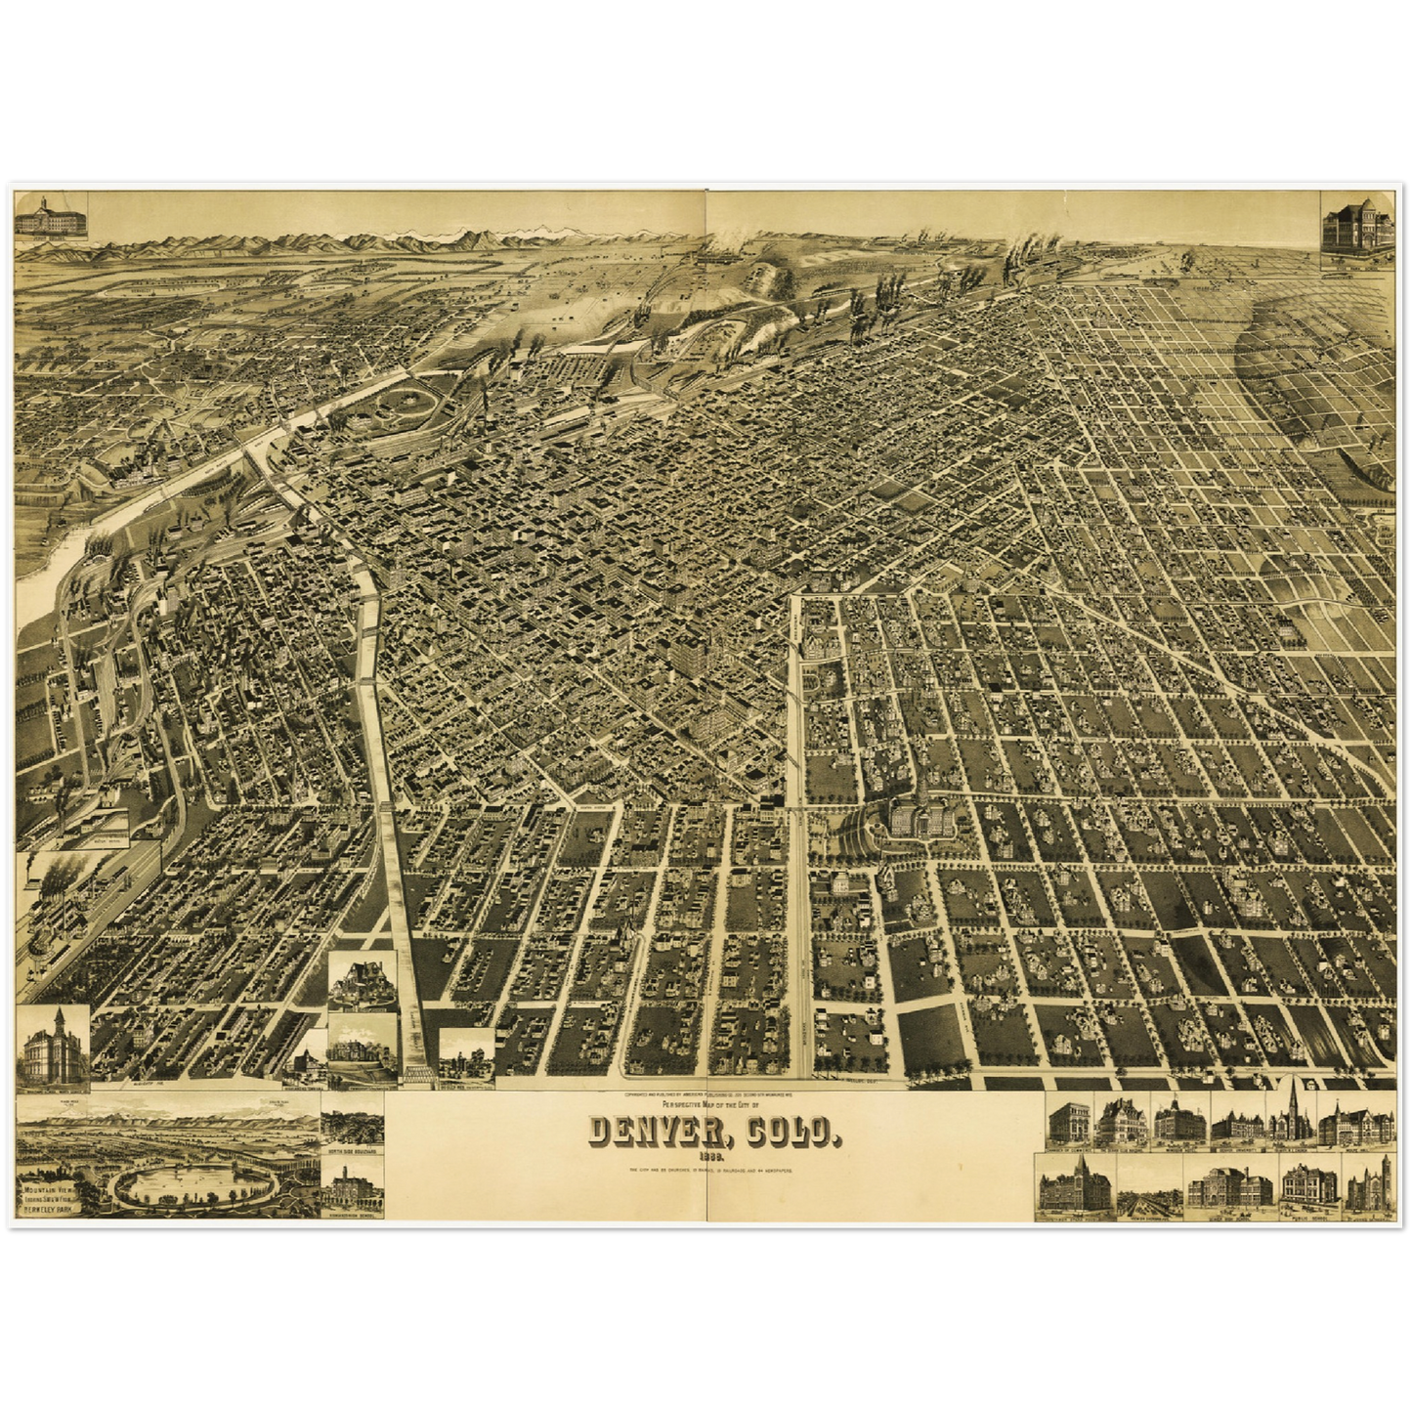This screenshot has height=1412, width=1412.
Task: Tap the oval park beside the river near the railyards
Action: pyautogui.click(x=399, y=404)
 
